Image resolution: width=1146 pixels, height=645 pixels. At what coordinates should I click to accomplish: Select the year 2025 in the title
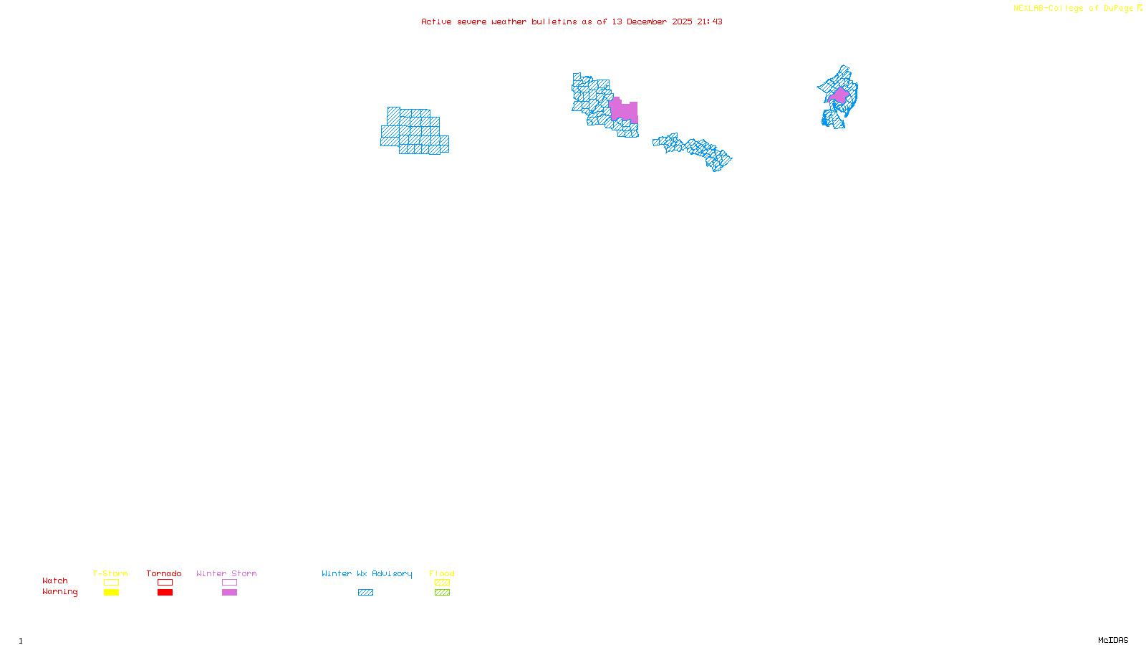click(x=682, y=21)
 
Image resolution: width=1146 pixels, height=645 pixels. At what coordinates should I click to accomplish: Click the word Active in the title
click(x=436, y=21)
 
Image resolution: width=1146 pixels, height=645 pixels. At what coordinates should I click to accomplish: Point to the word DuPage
click(x=1118, y=9)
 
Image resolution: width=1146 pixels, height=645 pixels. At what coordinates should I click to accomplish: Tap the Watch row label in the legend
click(x=55, y=580)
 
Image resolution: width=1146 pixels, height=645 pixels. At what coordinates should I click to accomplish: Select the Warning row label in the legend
click(x=59, y=592)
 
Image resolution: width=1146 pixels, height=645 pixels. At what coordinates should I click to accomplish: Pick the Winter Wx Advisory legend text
click(x=367, y=573)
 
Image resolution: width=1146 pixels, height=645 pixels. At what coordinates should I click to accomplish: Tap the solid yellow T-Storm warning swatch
click(x=111, y=593)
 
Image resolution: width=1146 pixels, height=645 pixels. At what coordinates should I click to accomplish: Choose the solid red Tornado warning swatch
click(x=165, y=593)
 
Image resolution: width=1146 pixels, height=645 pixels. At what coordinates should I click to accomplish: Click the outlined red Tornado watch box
click(x=165, y=583)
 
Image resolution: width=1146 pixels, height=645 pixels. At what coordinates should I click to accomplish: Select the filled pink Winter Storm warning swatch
click(x=229, y=593)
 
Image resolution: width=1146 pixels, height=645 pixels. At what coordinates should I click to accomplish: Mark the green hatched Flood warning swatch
click(x=442, y=593)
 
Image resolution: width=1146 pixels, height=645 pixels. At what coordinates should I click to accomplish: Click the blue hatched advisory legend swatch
click(x=365, y=593)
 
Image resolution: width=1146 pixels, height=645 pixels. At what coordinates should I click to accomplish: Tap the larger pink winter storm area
click(x=622, y=110)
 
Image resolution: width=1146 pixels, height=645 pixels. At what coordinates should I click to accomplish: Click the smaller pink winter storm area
click(x=839, y=95)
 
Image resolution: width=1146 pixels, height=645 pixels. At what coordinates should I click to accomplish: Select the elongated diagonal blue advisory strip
click(x=693, y=150)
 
